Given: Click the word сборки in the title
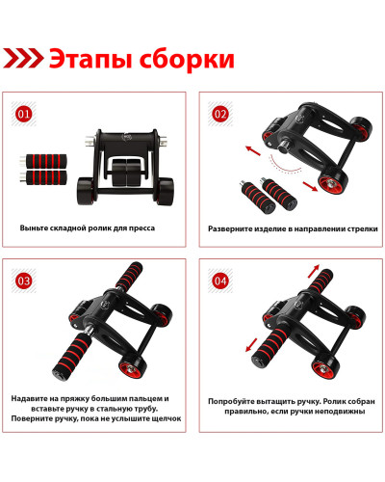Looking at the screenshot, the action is [187, 59].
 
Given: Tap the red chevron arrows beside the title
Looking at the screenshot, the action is [23, 58].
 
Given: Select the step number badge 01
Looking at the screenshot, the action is [23, 114].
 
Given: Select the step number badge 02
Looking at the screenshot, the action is [220, 114].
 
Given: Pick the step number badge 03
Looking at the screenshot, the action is [23, 281].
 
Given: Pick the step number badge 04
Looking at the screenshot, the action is [220, 281].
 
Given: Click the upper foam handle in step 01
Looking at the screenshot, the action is [43, 161].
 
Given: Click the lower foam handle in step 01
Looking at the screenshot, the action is [43, 177].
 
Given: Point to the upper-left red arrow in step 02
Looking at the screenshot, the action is [253, 150].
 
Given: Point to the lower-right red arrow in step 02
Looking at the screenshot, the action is [310, 186].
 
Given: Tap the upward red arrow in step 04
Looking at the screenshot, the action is [314, 271].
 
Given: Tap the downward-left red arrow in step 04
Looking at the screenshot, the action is [251, 345].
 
